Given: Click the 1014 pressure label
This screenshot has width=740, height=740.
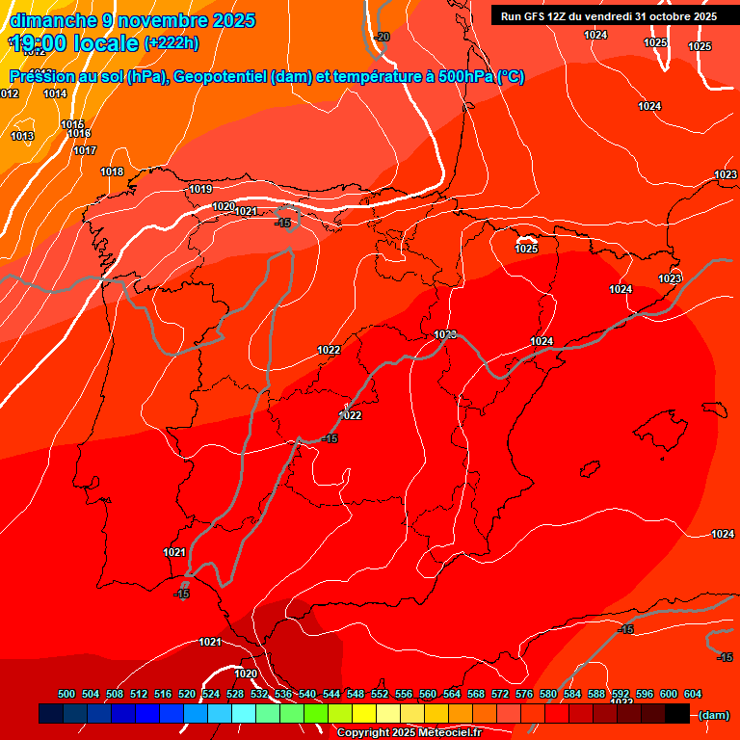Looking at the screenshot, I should pos(55,93).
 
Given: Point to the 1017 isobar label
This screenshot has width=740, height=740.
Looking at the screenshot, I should pos(85,150).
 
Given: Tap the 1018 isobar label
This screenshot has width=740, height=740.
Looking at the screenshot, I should pos(112,172).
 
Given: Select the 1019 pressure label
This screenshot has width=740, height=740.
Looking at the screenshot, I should pos(200,189).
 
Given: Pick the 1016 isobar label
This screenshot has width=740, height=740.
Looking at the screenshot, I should pos(79,134).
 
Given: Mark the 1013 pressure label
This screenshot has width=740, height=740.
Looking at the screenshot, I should pos(22,136).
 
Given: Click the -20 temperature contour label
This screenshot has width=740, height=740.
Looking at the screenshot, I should pos(382,37).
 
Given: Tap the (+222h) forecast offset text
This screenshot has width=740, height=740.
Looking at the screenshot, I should pos(171,43).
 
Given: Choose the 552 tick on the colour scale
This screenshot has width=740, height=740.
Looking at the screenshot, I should pos(380,694).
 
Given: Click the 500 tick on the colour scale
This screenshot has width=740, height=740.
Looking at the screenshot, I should pos(66,694).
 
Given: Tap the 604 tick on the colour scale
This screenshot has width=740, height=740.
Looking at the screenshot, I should pos(693,694).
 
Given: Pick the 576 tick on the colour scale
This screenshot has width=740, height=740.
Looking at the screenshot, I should pos(524,694).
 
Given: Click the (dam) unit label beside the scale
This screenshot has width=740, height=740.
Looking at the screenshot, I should pos(714,715).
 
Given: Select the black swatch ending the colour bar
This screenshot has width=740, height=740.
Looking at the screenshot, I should pos(677,714).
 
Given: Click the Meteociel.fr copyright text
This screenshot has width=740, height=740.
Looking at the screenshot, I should pos(409,732).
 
